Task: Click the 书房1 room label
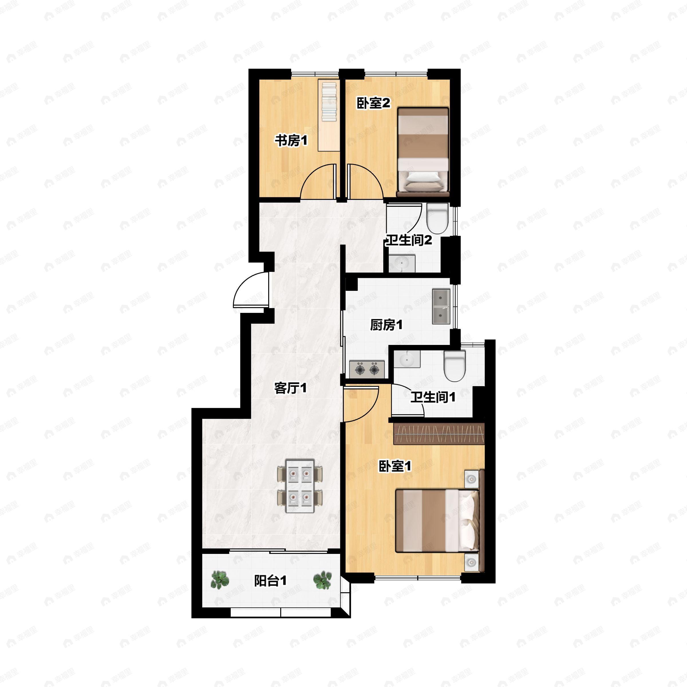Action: pyautogui.click(x=291, y=141)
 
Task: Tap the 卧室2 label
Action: pyautogui.click(x=373, y=103)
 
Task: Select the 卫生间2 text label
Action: pyautogui.click(x=409, y=240)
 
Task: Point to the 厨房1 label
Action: pyautogui.click(x=386, y=325)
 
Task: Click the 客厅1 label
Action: pyautogui.click(x=291, y=388)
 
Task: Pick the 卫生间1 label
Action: pyautogui.click(x=433, y=397)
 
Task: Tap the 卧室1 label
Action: pyautogui.click(x=395, y=466)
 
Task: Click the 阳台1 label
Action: pyautogui.click(x=270, y=581)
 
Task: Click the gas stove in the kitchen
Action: pyautogui.click(x=367, y=369)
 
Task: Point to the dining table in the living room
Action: pyautogui.click(x=300, y=486)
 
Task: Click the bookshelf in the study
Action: pyautogui.click(x=329, y=115)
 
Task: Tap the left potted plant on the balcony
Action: pyautogui.click(x=220, y=580)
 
